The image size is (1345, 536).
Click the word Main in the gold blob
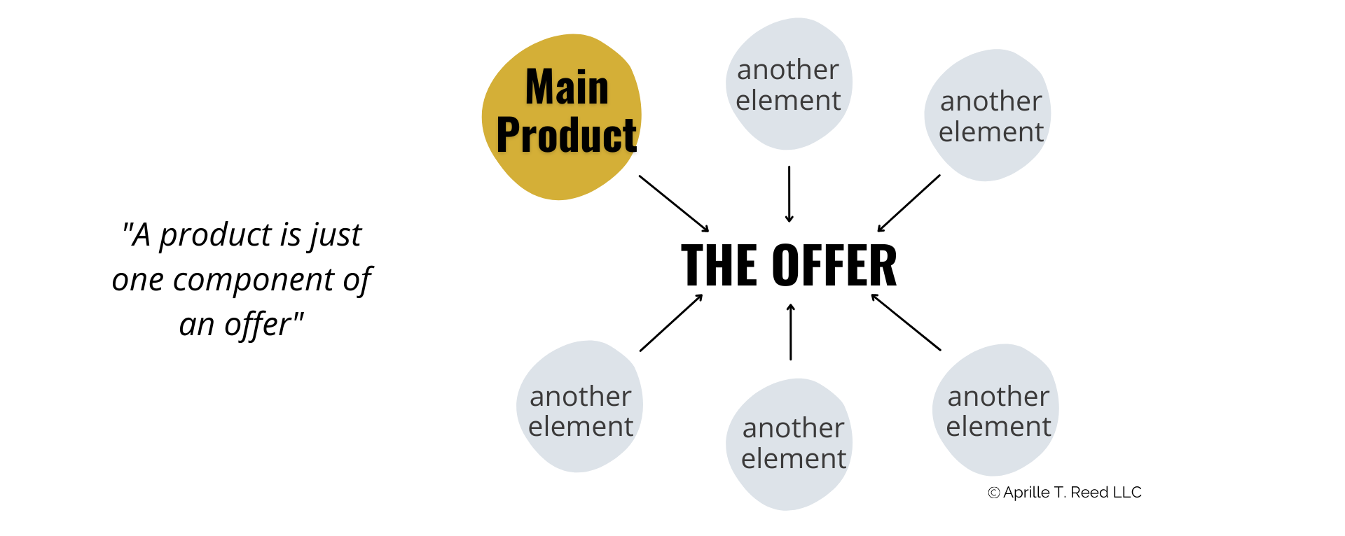tap(567, 87)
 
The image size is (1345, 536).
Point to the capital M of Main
tap(537, 87)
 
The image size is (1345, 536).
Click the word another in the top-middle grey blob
tap(787, 70)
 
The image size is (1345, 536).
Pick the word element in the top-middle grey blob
tap(787, 101)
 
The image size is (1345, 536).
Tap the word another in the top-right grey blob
tap(991, 101)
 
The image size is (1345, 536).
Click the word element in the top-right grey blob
tap(991, 132)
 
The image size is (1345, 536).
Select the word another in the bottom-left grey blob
tap(580, 397)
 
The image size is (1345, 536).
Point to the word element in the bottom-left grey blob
tap(580, 427)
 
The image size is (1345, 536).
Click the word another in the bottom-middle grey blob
tap(793, 428)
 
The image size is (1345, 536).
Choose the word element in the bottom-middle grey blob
tap(793, 459)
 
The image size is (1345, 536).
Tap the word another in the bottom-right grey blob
tap(998, 397)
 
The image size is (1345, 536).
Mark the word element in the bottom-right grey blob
tap(998, 427)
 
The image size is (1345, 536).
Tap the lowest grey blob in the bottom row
tap(788, 490)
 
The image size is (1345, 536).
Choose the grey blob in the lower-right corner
tap(995, 455)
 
